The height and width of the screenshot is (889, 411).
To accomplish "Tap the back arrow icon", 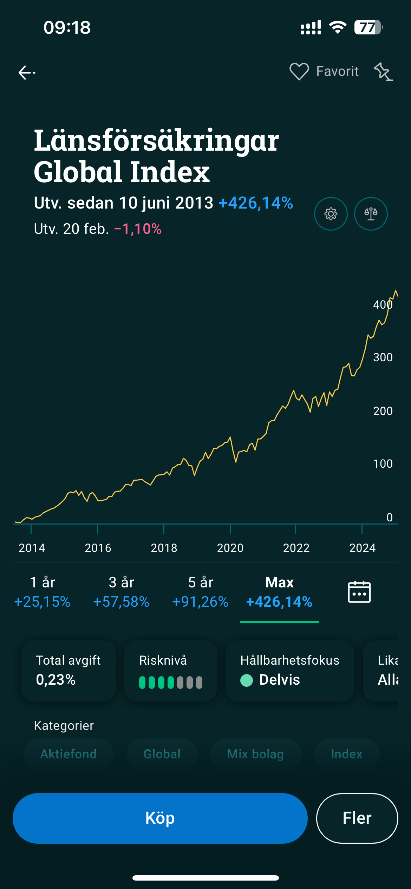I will pyautogui.click(x=27, y=73).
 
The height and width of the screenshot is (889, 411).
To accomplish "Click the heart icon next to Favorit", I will pyautogui.click(x=299, y=71).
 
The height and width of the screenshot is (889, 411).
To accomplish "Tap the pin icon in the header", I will pyautogui.click(x=383, y=72).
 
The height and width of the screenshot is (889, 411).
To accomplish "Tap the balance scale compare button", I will pyautogui.click(x=371, y=214).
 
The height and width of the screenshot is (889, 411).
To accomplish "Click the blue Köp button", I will pyautogui.click(x=160, y=818).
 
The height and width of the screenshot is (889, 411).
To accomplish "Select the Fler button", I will pyautogui.click(x=357, y=818).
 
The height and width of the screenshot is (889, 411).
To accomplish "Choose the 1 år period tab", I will pyautogui.click(x=43, y=592).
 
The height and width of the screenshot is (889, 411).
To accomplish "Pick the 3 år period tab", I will pyautogui.click(x=121, y=592).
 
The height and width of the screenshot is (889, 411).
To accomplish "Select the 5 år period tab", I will pyautogui.click(x=201, y=592).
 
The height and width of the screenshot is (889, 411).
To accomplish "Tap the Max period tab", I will pyautogui.click(x=280, y=592).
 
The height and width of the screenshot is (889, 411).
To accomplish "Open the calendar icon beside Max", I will pyautogui.click(x=359, y=592).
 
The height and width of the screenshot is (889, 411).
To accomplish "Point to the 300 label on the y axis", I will pyautogui.click(x=383, y=357).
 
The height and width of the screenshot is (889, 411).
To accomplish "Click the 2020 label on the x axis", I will pyautogui.click(x=230, y=548).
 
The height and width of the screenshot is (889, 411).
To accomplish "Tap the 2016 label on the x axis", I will pyautogui.click(x=98, y=548).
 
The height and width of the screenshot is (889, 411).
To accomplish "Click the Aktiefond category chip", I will pyautogui.click(x=68, y=754).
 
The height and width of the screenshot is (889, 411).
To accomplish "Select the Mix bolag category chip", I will pyautogui.click(x=255, y=754).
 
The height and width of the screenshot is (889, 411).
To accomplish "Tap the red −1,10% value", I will pyautogui.click(x=138, y=229).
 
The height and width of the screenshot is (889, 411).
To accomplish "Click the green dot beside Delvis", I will pyautogui.click(x=247, y=680).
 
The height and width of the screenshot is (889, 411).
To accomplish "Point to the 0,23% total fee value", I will pyautogui.click(x=56, y=680).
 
